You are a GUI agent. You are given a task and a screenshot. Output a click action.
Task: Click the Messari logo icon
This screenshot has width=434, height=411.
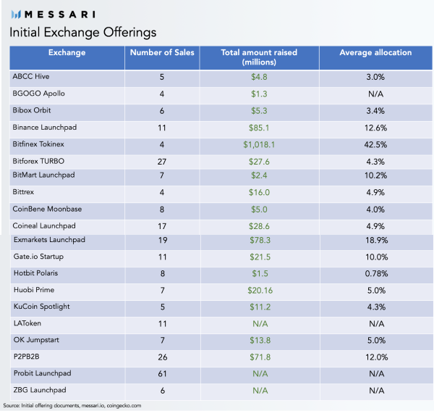[17, 14]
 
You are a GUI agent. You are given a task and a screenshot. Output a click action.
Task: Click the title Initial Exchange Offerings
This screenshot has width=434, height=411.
[83, 33]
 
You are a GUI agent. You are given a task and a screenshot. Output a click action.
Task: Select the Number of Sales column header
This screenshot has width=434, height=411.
[162, 52]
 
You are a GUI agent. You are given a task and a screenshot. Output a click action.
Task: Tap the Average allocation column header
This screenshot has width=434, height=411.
[375, 52]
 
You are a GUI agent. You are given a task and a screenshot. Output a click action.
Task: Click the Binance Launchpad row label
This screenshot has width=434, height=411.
[45, 128]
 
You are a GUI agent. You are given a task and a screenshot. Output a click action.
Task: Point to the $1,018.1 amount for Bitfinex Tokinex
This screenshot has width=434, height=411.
[259, 144]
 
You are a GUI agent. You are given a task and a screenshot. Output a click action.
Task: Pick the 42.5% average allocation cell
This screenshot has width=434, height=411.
[375, 144]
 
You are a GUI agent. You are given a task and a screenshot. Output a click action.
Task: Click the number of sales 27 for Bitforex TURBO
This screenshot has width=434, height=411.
[162, 162]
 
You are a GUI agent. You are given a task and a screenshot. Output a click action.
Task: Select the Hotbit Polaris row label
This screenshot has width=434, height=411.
[35, 273]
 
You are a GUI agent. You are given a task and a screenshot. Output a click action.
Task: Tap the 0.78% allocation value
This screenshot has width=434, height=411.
[376, 274]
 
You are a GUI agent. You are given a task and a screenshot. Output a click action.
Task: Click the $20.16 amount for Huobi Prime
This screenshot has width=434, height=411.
[260, 291]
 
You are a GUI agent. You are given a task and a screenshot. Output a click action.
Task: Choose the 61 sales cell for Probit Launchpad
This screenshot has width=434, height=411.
[163, 374]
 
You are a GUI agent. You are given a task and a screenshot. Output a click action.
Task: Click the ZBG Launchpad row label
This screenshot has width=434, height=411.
[40, 390]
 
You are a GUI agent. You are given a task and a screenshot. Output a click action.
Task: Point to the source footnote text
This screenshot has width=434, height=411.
[72, 405]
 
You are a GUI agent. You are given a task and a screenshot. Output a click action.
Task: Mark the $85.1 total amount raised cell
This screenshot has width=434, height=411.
[259, 128]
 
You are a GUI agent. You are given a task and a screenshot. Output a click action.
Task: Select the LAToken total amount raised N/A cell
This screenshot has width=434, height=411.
[260, 323]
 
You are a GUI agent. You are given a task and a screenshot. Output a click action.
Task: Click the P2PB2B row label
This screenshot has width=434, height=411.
[27, 357]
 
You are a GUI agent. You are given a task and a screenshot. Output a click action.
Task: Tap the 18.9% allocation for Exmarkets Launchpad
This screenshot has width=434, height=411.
[376, 240]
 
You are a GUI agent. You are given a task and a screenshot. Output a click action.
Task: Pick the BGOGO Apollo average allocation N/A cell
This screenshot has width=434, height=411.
[375, 94]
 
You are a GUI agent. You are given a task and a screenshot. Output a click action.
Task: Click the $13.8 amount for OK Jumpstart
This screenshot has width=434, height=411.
[260, 340]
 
